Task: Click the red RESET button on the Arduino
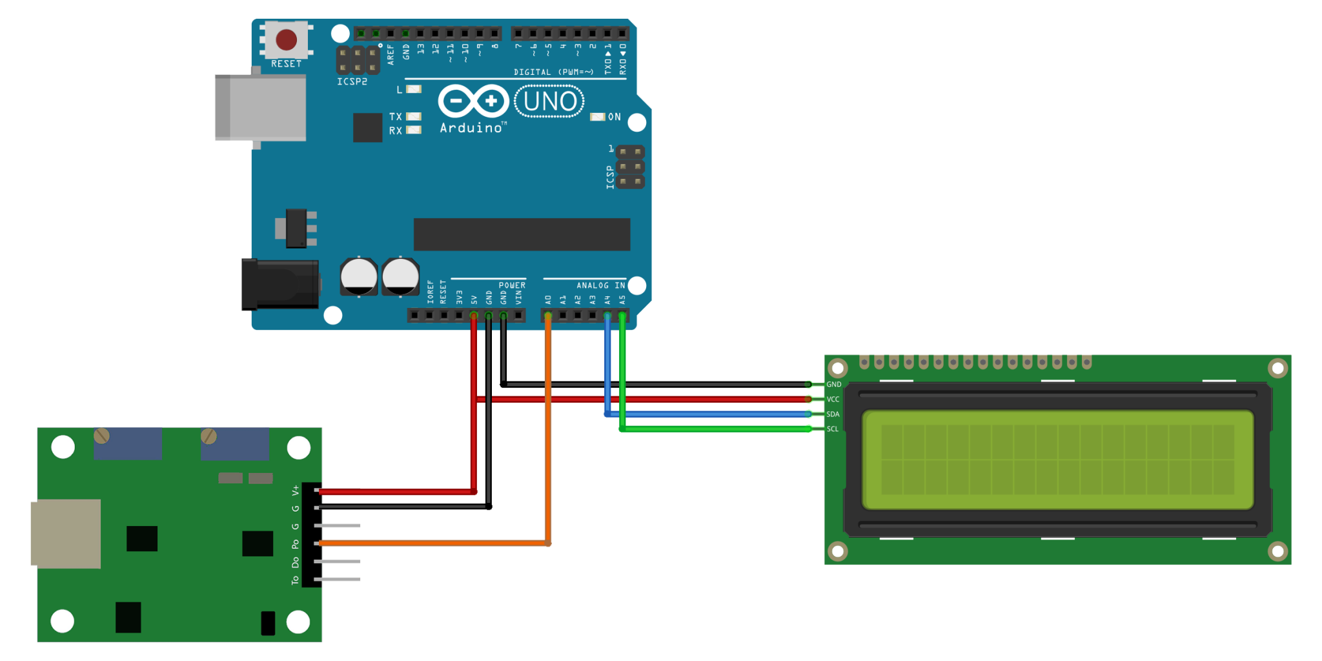pyautogui.click(x=286, y=40)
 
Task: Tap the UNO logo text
pyautogui.click(x=549, y=102)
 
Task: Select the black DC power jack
pyautogui.click(x=280, y=285)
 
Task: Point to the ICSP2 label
pyautogui.click(x=352, y=82)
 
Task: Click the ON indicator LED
pyautogui.click(x=598, y=117)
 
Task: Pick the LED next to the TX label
pyautogui.click(x=414, y=117)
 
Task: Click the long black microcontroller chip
pyautogui.click(x=522, y=234)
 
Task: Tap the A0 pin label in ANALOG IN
pyautogui.click(x=548, y=300)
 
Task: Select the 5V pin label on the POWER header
pyautogui.click(x=474, y=300)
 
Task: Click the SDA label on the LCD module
pyautogui.click(x=833, y=414)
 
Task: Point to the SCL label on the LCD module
pyautogui.click(x=833, y=429)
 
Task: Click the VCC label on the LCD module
pyautogui.click(x=833, y=400)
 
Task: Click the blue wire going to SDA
pyautogui.click(x=710, y=414)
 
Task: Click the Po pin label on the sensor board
pyautogui.click(x=295, y=544)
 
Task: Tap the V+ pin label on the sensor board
pyautogui.click(x=295, y=491)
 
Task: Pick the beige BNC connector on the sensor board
pyautogui.click(x=66, y=533)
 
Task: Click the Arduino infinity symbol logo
pyautogui.click(x=474, y=101)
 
